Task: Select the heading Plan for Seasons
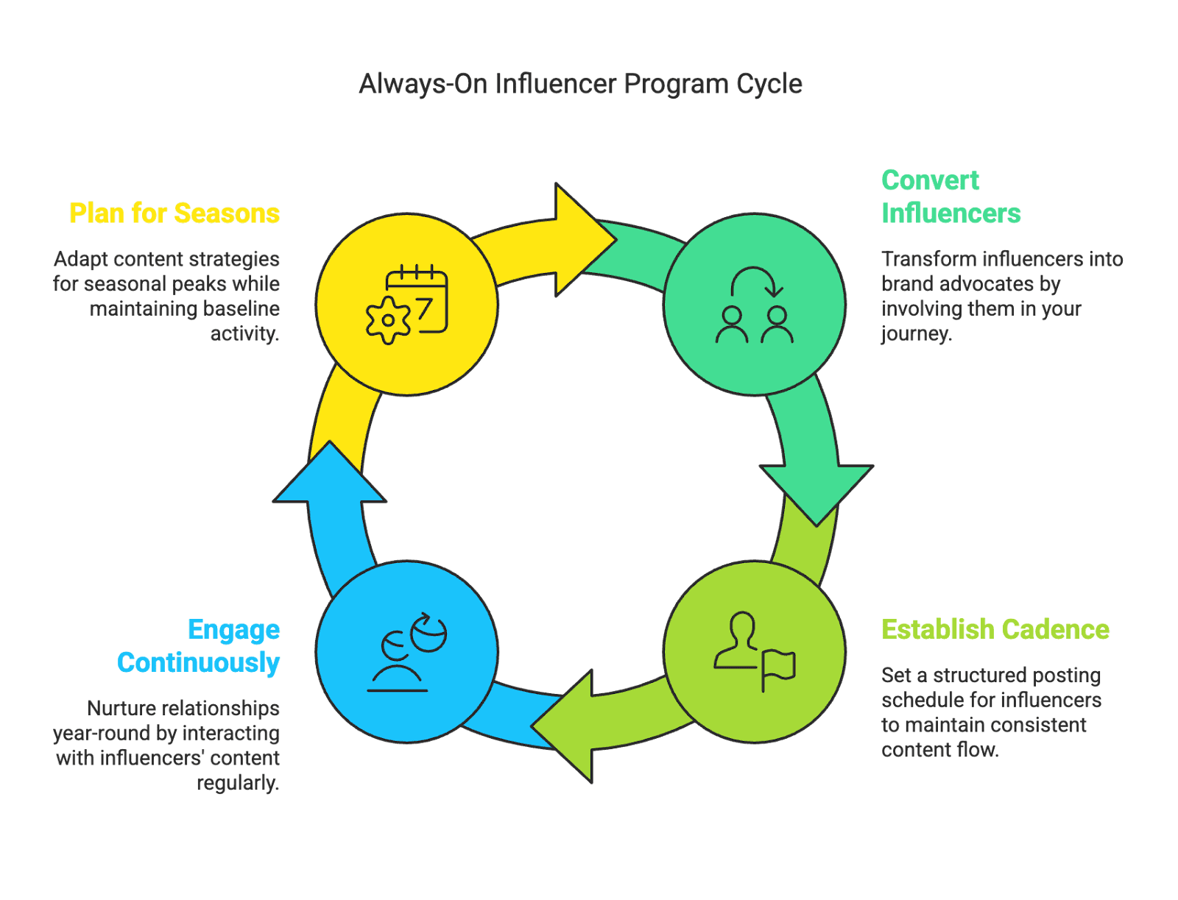[174, 213]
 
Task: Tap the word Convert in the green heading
[931, 180]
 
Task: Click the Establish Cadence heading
[995, 630]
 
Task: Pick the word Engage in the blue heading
[234, 630]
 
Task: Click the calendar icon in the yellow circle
[419, 299]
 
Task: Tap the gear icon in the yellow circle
[387, 321]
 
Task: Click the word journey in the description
[917, 334]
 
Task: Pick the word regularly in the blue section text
[238, 783]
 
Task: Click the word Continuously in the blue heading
[199, 663]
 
